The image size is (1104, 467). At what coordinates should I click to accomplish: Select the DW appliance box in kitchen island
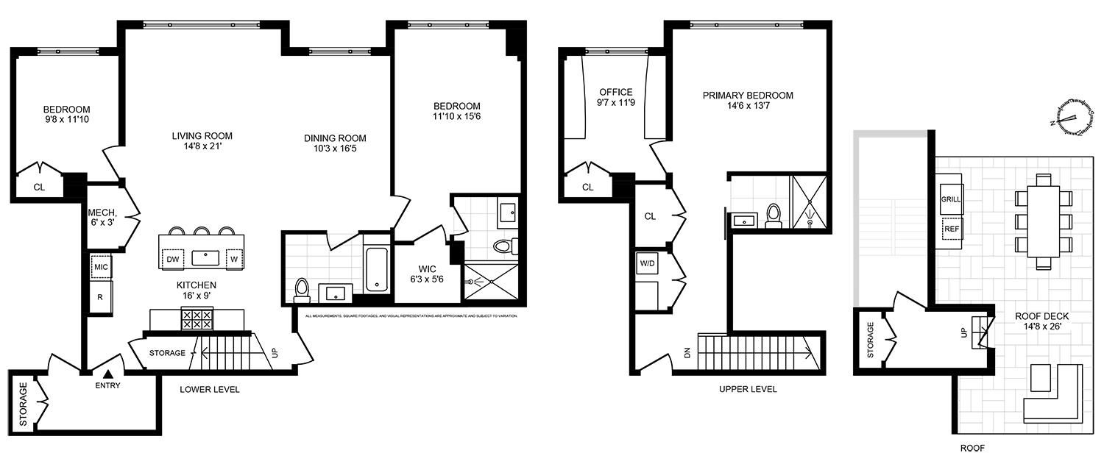coord(173,258)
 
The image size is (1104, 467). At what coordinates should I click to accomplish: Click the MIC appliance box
coord(100,266)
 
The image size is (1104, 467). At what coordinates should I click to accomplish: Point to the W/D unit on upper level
coord(648,263)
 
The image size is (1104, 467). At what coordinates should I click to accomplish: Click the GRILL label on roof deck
coord(951,199)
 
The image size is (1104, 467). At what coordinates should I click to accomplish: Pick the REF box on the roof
coord(952,229)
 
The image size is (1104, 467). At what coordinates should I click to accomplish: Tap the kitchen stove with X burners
coord(197,318)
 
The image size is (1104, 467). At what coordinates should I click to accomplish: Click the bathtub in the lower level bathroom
coord(376,269)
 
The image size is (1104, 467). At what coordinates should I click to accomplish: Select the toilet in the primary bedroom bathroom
coord(773,215)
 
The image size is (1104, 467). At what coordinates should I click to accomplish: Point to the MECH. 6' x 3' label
coord(103,213)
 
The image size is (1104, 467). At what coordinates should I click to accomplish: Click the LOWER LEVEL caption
coord(210,389)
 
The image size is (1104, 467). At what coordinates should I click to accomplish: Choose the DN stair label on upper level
coord(687,353)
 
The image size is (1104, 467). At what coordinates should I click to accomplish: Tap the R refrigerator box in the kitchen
coord(100,297)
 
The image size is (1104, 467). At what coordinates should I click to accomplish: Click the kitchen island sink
coord(204,258)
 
